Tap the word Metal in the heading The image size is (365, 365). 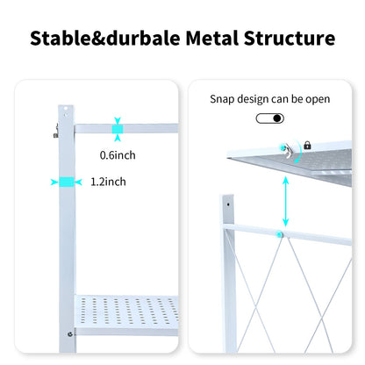click(215, 39)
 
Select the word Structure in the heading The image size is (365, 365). click(290, 39)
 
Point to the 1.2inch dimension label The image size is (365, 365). click(108, 182)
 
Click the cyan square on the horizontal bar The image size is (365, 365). click(117, 128)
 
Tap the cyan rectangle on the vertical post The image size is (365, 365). click(67, 182)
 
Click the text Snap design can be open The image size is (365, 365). click(269, 99)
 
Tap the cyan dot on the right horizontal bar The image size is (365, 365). click(280, 233)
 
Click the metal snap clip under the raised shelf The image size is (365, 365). click(287, 150)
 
